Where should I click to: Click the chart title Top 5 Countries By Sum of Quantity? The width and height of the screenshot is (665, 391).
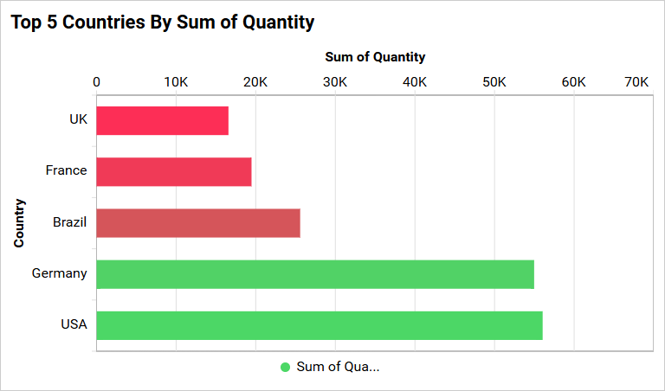[163, 22]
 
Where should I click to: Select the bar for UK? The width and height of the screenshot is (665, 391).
[162, 120]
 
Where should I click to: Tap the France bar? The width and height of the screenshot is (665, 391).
[173, 171]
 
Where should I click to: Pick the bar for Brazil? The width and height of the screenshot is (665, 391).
[197, 222]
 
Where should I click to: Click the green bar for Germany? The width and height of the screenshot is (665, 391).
[314, 274]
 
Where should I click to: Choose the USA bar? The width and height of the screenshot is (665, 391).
[319, 325]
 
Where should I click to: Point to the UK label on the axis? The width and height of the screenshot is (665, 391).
[78, 119]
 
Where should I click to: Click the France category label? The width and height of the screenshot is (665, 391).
[67, 170]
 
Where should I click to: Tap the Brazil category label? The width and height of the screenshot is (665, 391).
[70, 222]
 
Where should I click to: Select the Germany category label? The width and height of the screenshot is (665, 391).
[60, 273]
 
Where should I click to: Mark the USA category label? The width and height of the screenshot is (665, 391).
[74, 325]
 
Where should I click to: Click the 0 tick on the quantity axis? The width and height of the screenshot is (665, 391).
[96, 82]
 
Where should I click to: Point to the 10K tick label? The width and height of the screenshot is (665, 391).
[176, 82]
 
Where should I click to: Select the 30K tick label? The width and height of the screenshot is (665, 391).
[335, 82]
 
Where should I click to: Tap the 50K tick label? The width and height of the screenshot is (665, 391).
[494, 82]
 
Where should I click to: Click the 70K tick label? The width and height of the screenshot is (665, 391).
[636, 82]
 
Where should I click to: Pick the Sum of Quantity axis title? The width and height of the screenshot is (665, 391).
[375, 57]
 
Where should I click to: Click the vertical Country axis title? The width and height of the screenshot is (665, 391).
[19, 223]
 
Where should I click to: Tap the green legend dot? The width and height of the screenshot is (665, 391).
[286, 367]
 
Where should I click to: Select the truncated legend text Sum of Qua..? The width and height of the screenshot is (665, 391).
[338, 367]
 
